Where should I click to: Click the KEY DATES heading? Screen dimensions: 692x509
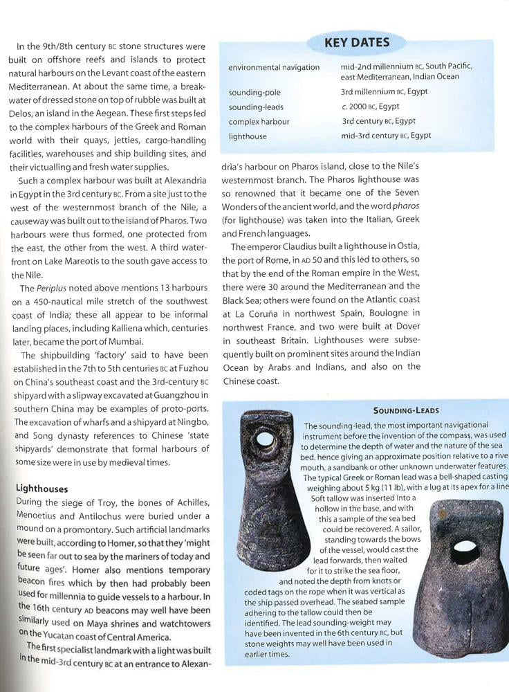(357, 43)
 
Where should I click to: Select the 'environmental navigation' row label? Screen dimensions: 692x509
(274, 67)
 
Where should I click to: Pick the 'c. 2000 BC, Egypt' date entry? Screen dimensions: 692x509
(370, 106)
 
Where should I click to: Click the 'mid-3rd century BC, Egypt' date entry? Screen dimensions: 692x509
(385, 136)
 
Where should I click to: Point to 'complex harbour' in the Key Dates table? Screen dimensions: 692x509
(259, 122)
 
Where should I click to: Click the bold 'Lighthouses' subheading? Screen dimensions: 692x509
(41, 489)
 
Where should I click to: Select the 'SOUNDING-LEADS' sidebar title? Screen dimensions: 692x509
(406, 410)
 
